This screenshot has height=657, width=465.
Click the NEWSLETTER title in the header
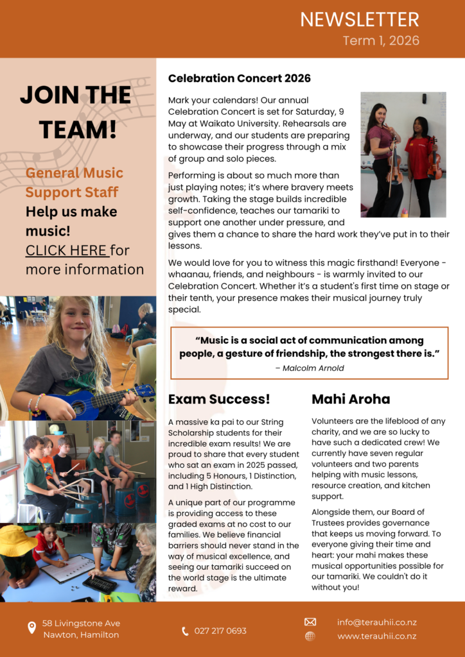coord(359,19)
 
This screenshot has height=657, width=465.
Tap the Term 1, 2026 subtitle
coord(381,41)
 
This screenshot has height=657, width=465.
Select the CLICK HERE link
coord(66,250)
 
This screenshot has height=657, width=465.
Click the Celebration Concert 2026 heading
coord(239,78)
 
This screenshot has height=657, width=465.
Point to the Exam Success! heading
coord(219,399)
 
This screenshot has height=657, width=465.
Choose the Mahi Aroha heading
coord(351,399)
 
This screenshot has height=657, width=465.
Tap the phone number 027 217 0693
coord(220,631)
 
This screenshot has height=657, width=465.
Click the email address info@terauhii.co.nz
coord(377,622)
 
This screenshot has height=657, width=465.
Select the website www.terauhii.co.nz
coord(377,636)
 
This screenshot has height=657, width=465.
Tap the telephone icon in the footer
coord(186,631)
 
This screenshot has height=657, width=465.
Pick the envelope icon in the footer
coord(310,622)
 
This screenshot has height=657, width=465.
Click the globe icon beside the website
coord(310,636)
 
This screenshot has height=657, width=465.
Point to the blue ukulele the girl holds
coord(90,402)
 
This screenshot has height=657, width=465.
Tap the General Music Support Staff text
coord(74,182)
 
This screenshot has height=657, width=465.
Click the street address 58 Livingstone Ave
coord(81,623)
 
